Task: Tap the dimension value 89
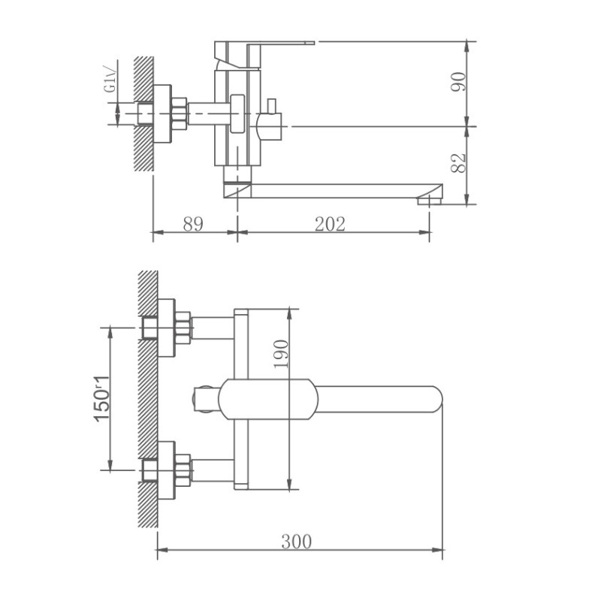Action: [193, 224]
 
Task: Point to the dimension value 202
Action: [330, 224]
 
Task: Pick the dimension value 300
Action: [296, 541]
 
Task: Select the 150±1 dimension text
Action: [101, 397]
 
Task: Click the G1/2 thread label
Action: [110, 79]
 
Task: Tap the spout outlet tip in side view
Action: [429, 200]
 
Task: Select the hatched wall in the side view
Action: [143, 113]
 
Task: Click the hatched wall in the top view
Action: [147, 398]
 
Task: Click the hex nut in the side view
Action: [179, 113]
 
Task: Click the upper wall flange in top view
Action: [166, 328]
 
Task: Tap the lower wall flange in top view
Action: [166, 470]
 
